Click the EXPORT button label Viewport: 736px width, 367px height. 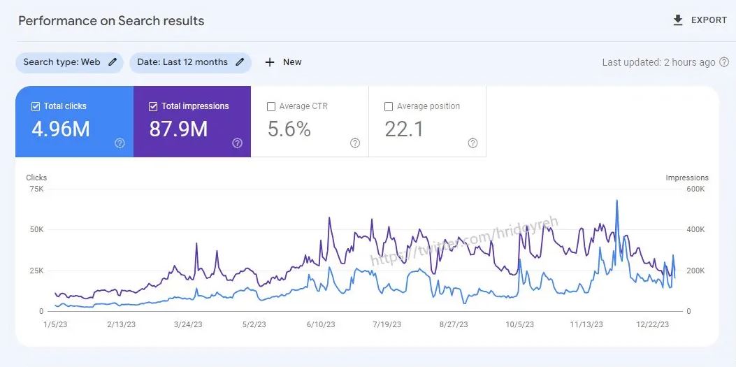point(709,20)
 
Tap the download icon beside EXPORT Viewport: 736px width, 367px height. point(677,20)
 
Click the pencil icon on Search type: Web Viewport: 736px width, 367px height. point(113,62)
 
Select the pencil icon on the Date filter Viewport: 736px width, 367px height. point(240,62)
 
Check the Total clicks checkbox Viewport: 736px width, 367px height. point(36,106)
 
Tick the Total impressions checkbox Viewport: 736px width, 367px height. point(153,106)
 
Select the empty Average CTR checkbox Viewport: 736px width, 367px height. point(271,107)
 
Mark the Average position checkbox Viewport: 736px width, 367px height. point(389,107)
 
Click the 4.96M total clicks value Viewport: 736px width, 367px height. point(61,129)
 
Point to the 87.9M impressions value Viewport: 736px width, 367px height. point(178,129)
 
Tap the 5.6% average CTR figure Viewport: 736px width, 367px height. point(289,129)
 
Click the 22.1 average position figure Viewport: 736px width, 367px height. point(404,129)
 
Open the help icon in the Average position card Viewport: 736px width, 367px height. point(472,143)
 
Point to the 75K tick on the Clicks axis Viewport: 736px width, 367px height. point(36,189)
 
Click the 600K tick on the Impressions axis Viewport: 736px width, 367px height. point(696,189)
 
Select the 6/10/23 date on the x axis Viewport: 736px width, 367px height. point(321,324)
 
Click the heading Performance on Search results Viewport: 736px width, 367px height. point(111,20)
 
